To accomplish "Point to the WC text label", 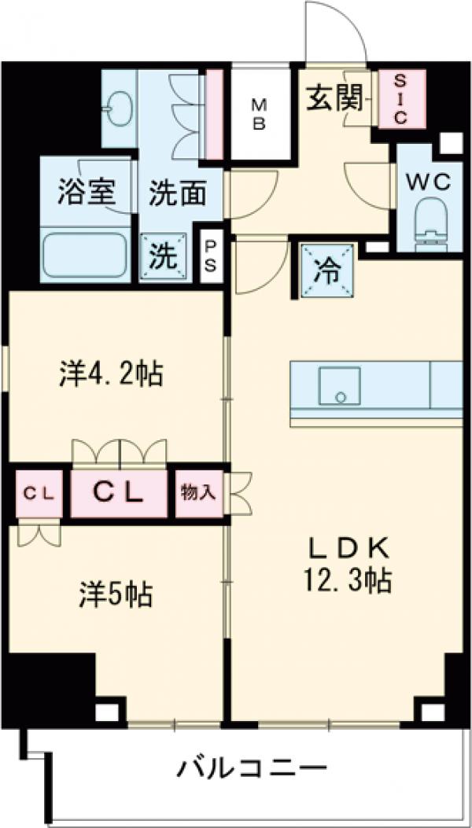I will point(428,182).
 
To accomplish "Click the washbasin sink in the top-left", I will point(120,106).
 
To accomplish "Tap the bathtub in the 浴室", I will point(86,253).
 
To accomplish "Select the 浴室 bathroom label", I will point(87,193).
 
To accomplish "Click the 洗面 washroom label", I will point(177,193).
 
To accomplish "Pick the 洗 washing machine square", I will point(164,256).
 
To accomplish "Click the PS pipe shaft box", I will point(211,256).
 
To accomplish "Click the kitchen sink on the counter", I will point(339,385).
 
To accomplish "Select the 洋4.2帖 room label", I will point(110,374).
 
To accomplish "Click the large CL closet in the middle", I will point(119,493).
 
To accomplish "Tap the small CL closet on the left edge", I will point(38,494).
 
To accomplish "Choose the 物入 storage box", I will point(198,493).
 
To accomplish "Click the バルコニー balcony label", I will point(250,767).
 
